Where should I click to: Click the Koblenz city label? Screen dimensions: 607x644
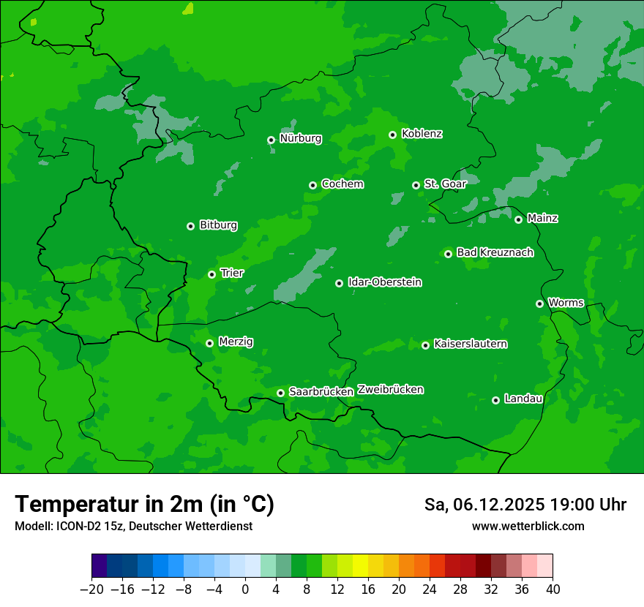point(422,134)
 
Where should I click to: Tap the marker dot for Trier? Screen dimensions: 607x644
point(211,274)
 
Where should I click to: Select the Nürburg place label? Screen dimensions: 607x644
point(300,138)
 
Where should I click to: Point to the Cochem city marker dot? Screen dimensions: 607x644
point(312,185)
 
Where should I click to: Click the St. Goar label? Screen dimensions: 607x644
point(445,184)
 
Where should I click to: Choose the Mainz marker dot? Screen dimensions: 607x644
point(518,219)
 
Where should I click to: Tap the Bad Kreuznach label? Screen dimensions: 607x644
point(495,252)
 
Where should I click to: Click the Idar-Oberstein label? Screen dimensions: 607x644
point(384,282)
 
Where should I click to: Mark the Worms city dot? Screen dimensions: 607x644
point(539,303)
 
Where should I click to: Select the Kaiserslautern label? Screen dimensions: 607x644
point(470,344)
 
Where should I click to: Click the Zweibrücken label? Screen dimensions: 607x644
point(390,390)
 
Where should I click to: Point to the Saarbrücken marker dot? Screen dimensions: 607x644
point(280,393)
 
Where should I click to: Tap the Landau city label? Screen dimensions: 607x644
point(523,399)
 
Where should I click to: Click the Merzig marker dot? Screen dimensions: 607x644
point(209,343)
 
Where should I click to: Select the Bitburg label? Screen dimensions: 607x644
point(218,225)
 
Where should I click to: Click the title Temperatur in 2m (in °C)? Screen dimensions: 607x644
point(144,505)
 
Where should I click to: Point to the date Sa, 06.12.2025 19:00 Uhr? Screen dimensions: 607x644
point(525,505)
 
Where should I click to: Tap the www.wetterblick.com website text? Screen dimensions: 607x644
point(528,526)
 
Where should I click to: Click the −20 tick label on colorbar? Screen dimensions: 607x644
point(91,589)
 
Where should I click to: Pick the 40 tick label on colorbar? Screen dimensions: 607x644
point(553,589)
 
